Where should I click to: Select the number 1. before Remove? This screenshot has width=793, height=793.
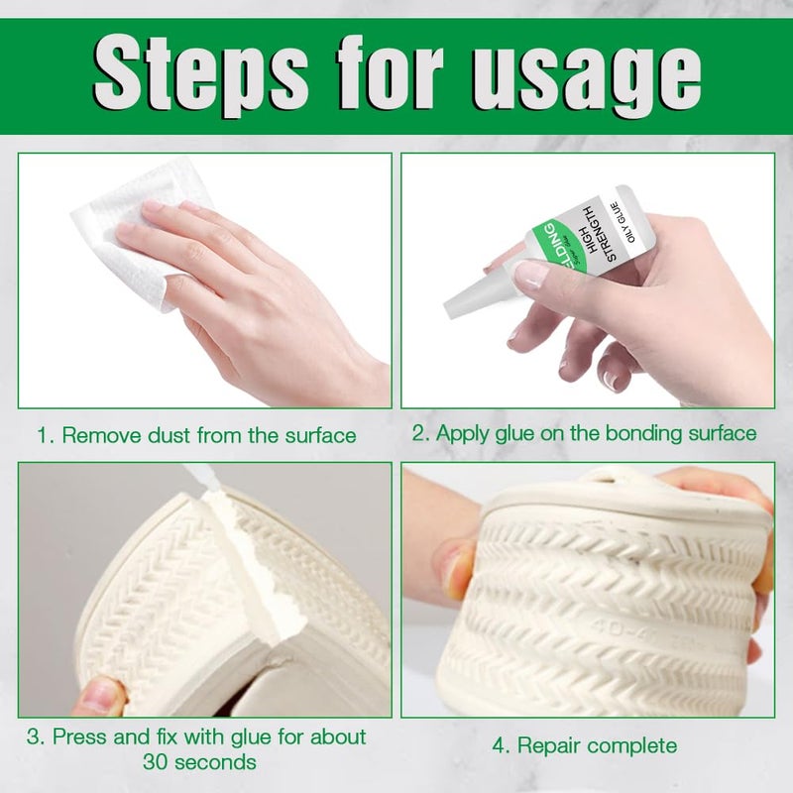tap(46, 434)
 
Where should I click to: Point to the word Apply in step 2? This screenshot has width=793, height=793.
tap(464, 433)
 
